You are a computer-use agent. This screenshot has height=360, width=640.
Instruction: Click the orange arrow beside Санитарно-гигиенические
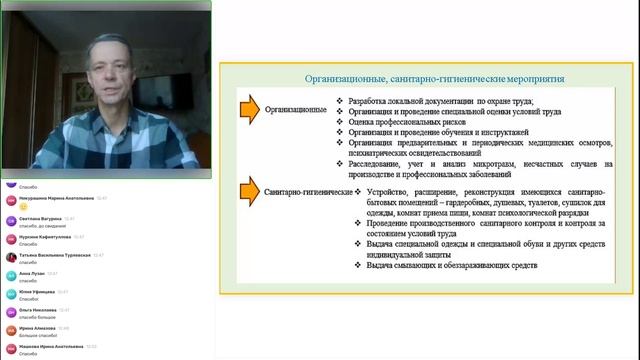click(x=251, y=190)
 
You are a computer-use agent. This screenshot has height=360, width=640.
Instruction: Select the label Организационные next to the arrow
click(x=297, y=107)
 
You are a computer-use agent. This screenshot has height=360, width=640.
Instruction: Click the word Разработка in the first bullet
click(x=373, y=101)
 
